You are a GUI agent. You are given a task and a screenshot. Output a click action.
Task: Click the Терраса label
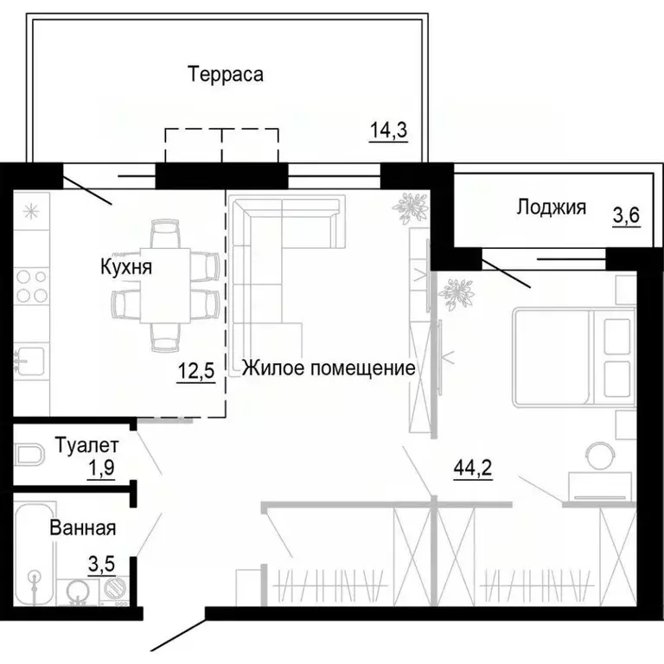tap(226, 74)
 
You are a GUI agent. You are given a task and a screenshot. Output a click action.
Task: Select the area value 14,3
tap(388, 131)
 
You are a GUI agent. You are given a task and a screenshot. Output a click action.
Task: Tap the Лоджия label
tap(551, 207)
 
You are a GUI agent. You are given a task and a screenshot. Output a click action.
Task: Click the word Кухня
tap(125, 268)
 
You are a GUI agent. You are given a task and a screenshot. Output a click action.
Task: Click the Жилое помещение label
tap(329, 368)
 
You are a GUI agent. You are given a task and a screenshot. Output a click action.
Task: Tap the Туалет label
tap(86, 446)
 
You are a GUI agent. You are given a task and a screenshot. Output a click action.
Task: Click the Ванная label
tap(82, 527)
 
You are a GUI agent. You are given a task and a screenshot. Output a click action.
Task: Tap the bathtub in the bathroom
tap(35, 553)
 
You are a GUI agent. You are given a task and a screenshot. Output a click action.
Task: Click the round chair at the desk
tap(598, 453)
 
